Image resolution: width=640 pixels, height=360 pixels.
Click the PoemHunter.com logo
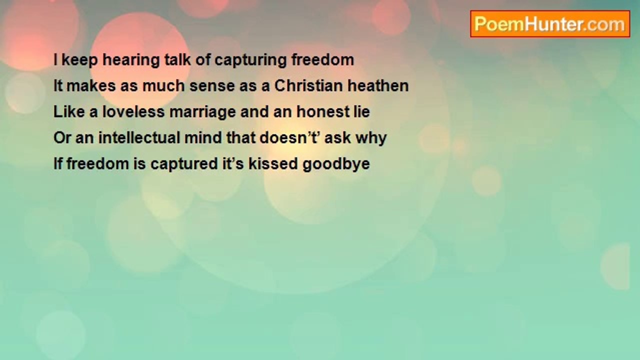(x=550, y=24)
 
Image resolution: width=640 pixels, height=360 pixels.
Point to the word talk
(x=177, y=60)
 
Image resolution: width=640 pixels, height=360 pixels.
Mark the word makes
(x=91, y=85)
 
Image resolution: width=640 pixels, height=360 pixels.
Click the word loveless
(x=133, y=111)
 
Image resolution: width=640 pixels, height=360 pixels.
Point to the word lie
(x=361, y=111)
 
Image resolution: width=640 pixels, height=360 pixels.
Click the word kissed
(x=273, y=163)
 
